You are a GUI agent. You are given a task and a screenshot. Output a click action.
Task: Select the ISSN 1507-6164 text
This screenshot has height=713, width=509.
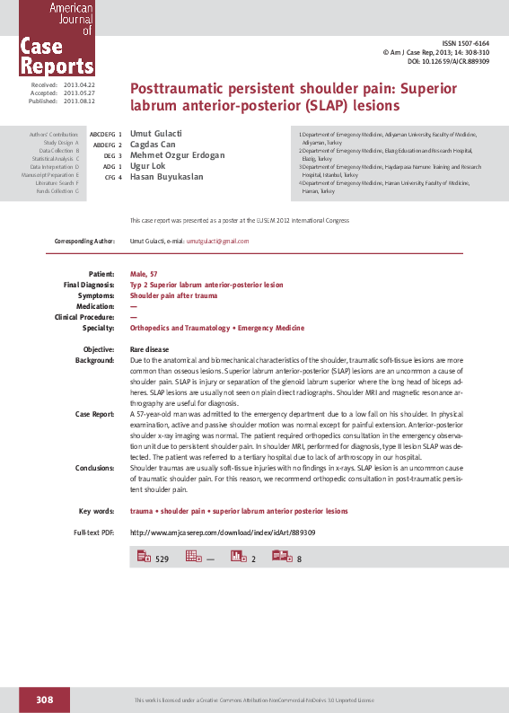pos(467,44)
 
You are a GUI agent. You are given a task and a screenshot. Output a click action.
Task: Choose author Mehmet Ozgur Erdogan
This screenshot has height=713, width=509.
pos(178,155)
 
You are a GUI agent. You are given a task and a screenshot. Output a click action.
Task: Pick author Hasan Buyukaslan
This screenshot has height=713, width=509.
pos(167,177)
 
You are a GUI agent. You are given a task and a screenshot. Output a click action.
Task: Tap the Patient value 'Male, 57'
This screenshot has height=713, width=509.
pos(145,273)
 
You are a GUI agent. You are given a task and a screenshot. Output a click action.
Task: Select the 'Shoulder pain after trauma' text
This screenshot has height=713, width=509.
pos(174,295)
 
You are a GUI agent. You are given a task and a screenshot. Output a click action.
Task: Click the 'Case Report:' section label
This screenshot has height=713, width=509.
pos(94,414)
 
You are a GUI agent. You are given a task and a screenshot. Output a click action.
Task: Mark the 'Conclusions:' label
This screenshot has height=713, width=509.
pos(94,468)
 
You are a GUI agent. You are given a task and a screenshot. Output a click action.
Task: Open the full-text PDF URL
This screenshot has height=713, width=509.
pos(223,533)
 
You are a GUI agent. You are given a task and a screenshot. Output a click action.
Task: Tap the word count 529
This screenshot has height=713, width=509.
pos(162,559)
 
